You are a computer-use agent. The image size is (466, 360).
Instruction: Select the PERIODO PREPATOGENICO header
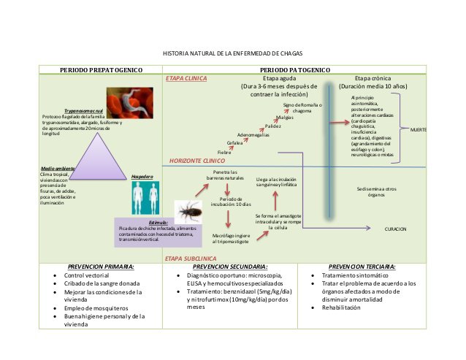click(102, 69)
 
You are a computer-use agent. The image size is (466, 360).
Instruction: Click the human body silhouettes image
click(145, 197)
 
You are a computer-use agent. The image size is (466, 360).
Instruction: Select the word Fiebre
click(224, 152)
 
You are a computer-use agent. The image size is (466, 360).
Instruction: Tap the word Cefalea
click(234, 143)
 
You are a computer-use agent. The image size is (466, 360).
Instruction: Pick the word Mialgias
click(286, 117)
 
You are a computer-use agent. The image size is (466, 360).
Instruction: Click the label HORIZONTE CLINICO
click(196, 160)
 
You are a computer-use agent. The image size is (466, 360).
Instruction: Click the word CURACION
click(395, 229)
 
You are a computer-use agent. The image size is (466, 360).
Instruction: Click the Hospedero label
click(142, 177)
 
